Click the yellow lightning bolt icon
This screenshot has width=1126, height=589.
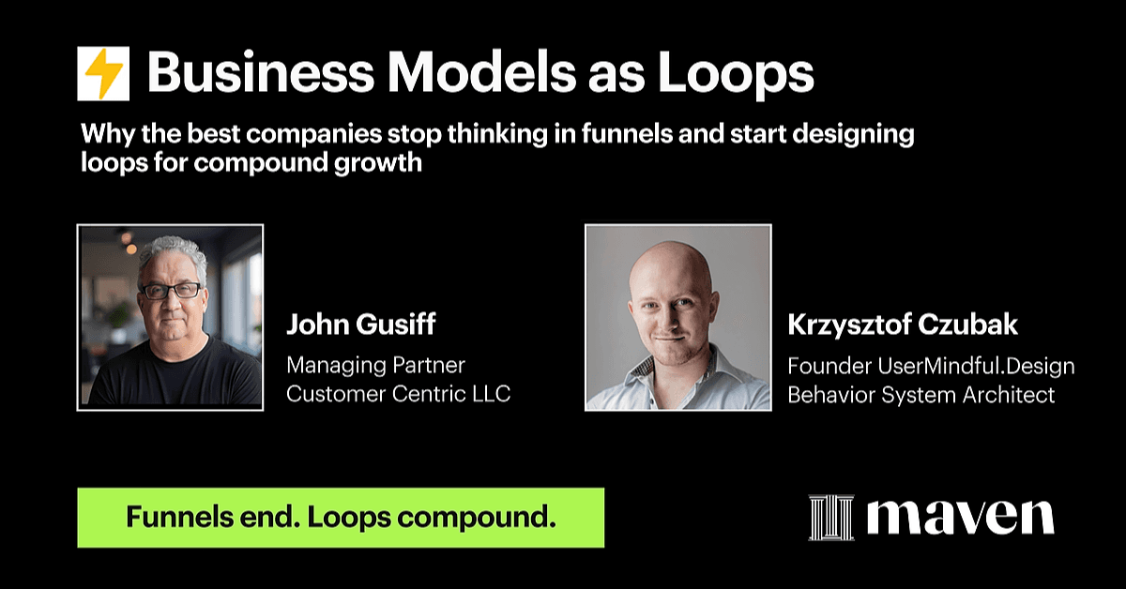coord(103,73)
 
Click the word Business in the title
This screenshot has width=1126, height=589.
coord(261,73)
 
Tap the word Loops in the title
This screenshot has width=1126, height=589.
coord(736,74)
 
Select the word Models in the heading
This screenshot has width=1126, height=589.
coord(481,73)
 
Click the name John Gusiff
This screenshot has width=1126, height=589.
coord(361,325)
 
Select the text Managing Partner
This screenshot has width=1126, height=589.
coord(375,366)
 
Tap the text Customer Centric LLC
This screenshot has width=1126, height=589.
coord(399,394)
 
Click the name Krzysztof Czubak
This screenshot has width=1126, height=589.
coord(903,325)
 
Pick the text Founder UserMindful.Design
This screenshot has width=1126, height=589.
coord(931,366)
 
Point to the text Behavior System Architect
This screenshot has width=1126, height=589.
coord(921,395)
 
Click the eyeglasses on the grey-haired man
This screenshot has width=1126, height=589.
coord(172,291)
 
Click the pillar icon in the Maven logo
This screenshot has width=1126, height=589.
coord(831,517)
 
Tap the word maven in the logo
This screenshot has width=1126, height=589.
coord(961,517)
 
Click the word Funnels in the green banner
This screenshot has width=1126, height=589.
coord(179,517)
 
